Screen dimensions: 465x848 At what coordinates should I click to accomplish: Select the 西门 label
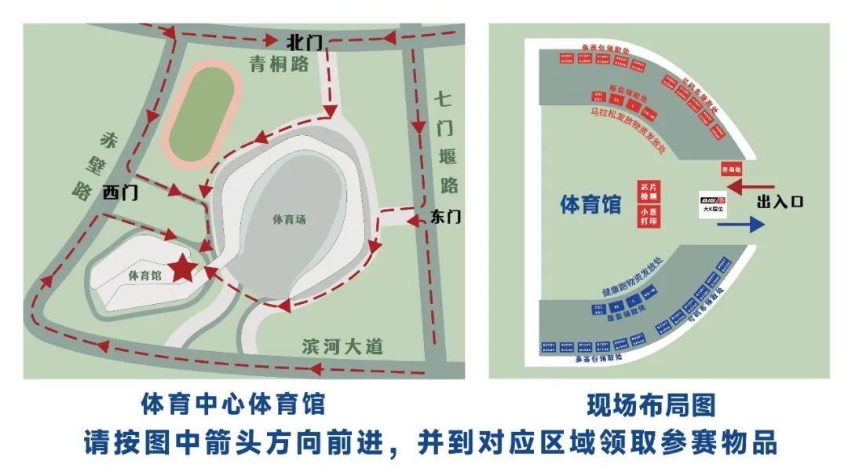[119, 192]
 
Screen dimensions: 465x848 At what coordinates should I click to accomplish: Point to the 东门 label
[445, 218]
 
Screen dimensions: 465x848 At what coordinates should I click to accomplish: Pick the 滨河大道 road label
[342, 346]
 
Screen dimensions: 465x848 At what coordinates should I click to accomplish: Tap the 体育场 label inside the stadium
[289, 220]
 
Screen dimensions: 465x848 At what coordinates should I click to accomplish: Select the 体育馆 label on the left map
[144, 276]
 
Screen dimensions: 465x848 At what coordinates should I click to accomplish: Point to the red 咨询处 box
[731, 170]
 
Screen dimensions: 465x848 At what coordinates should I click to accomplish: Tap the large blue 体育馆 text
[590, 204]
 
